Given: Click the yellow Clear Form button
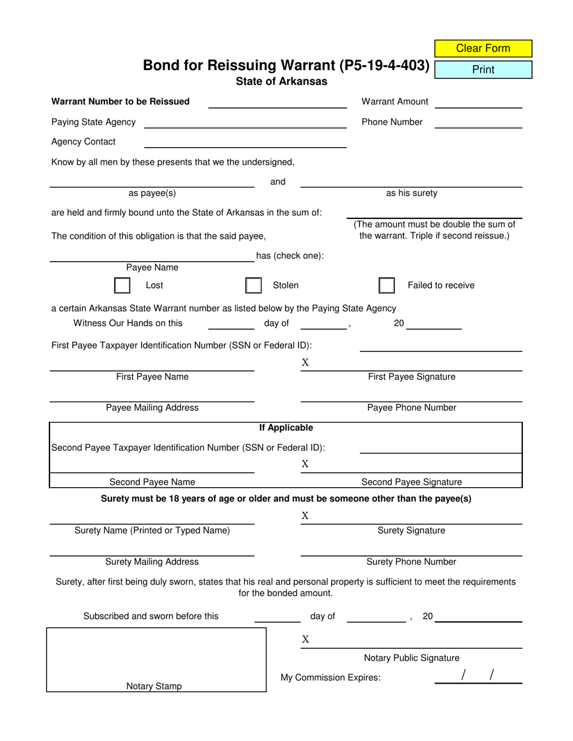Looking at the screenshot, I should [x=483, y=48].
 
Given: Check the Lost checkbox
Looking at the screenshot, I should [x=122, y=285].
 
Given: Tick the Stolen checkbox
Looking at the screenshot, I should [x=254, y=285].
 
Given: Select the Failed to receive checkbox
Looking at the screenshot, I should [x=387, y=285].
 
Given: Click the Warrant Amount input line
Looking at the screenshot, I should [x=478, y=102].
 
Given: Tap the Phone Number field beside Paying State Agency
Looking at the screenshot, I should [x=478, y=122].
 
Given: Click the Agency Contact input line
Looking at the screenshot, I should [x=245, y=142].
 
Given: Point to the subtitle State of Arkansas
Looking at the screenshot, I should [x=282, y=81].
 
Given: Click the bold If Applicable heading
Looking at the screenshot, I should [x=286, y=428].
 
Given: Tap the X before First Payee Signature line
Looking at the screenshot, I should [x=305, y=362].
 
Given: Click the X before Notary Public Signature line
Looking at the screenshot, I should [x=305, y=640].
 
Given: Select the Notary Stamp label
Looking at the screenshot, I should [x=154, y=686].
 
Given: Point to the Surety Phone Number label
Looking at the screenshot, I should [x=411, y=562].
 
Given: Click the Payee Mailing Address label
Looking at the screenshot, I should [x=152, y=408].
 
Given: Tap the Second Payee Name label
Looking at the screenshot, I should [x=152, y=482].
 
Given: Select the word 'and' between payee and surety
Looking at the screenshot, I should [x=277, y=182].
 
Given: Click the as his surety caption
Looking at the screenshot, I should [x=411, y=194].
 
